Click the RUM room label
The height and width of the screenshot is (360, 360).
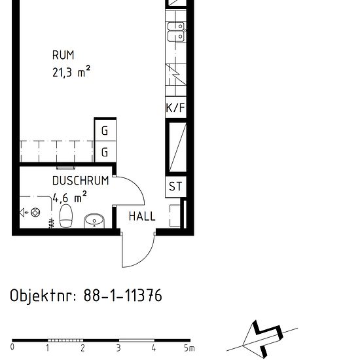[63, 56]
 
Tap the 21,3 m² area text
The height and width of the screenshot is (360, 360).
[71, 72]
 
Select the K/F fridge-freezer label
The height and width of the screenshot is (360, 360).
[175, 108]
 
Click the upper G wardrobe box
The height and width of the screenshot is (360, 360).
[105, 132]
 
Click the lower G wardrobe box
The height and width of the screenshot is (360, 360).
[105, 153]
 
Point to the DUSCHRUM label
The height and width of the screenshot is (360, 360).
[81, 181]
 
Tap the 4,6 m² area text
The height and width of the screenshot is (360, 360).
[69, 195]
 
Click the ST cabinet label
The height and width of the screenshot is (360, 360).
[175, 187]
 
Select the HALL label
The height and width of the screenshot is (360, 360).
[142, 216]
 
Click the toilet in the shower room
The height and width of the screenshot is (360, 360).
[66, 215]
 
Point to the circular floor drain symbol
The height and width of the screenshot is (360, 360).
[36, 212]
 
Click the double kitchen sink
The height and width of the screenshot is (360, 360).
[175, 31]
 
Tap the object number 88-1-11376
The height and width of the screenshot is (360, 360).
[122, 296]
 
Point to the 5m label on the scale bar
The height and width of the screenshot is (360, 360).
[189, 348]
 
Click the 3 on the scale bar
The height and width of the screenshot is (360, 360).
[118, 348]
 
